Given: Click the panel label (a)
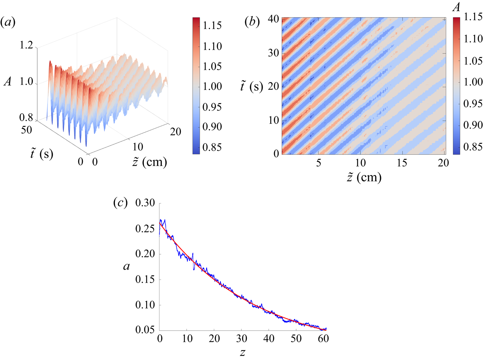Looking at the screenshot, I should pyautogui.click(x=8, y=23).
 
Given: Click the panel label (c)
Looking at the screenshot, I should pyautogui.click(x=120, y=203).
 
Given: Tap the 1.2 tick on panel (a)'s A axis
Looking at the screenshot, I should pyautogui.click(x=26, y=45).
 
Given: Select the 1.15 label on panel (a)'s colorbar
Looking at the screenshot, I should pyautogui.click(x=212, y=25).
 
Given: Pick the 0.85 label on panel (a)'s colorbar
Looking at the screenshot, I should pyautogui.click(x=212, y=147).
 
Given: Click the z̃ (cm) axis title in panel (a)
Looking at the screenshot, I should pyautogui.click(x=149, y=162).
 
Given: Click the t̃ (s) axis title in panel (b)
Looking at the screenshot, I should pyautogui.click(x=251, y=87).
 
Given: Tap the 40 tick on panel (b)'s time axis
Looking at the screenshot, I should pyautogui.click(x=273, y=19).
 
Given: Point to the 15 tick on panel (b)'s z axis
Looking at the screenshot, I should pyautogui.click(x=402, y=163).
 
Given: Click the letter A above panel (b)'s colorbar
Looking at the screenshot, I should pyautogui.click(x=457, y=7).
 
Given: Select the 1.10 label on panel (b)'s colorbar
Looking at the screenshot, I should pyautogui.click(x=473, y=39).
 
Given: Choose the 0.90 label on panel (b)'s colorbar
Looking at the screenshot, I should pyautogui.click(x=473, y=125).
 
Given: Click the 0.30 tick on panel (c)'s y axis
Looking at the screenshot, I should pyautogui.click(x=145, y=203).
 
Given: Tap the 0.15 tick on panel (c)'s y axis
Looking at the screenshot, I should pyautogui.click(x=145, y=279).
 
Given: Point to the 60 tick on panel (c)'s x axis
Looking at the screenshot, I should pyautogui.click(x=323, y=338).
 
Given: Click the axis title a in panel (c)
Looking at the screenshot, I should pyautogui.click(x=126, y=267).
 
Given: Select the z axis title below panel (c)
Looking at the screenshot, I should pyautogui.click(x=243, y=353).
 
